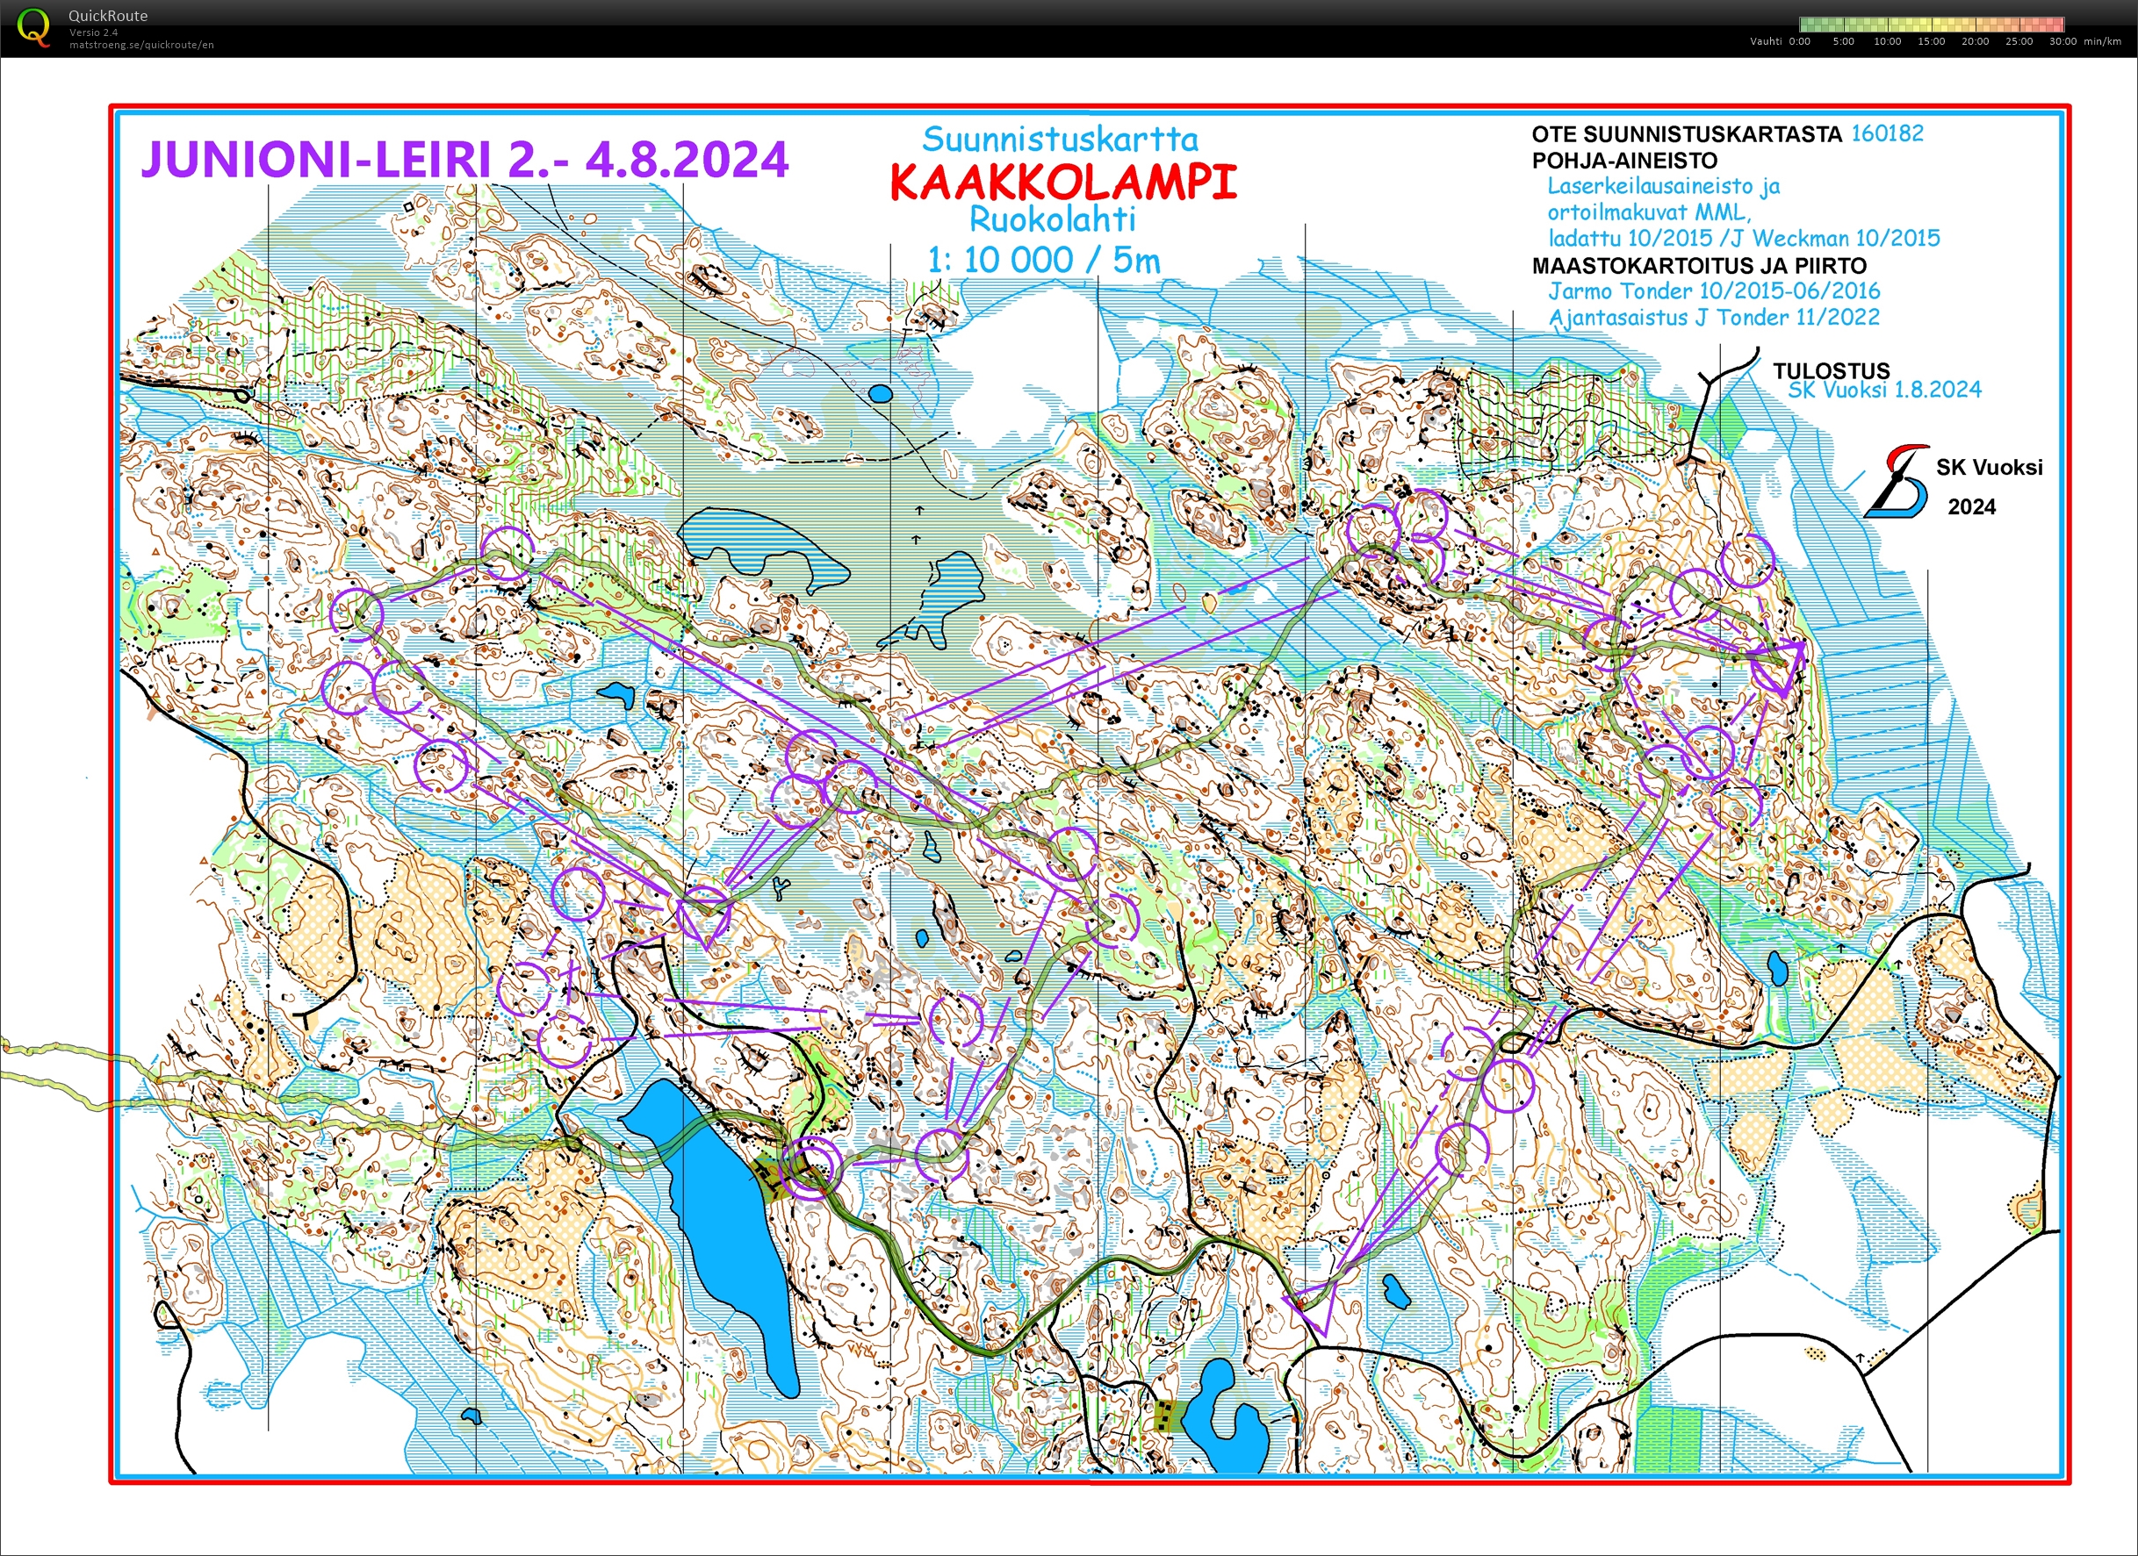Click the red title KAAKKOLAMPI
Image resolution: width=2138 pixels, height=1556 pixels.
click(x=1062, y=183)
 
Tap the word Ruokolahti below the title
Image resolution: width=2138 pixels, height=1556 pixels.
click(x=1052, y=220)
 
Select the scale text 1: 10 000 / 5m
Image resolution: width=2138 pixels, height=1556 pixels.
click(x=1044, y=260)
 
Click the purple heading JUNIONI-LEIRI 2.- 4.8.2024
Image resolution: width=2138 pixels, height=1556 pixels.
click(x=464, y=159)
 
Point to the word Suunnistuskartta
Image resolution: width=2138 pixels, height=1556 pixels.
click(x=1060, y=140)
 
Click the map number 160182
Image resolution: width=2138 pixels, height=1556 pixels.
click(x=1886, y=133)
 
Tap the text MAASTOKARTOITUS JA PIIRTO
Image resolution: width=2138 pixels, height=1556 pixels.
click(x=1699, y=266)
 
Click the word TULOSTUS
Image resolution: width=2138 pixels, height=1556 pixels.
click(x=1831, y=370)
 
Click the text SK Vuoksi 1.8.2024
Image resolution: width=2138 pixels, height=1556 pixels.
click(x=1884, y=390)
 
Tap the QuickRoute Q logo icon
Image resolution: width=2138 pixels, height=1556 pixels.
click(x=34, y=26)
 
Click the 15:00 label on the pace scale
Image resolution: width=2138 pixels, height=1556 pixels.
click(x=1931, y=41)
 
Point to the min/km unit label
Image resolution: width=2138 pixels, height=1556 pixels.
click(x=2102, y=41)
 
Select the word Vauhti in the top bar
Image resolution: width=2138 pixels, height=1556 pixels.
click(x=1766, y=41)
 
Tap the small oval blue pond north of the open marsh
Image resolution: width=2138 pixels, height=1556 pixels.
click(x=880, y=393)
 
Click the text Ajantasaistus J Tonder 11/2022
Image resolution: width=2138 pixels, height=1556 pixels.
click(x=1714, y=318)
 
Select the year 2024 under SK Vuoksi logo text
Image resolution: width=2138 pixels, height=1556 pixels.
click(x=1971, y=507)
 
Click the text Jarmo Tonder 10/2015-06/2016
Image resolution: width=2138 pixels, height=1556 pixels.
click(x=1714, y=291)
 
